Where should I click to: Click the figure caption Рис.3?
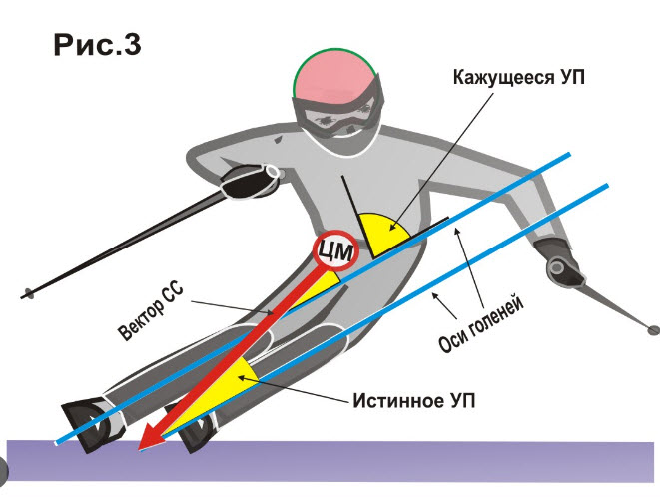pos(97,45)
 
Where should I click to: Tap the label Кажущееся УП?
pos(519,78)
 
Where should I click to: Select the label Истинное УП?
pos(414,401)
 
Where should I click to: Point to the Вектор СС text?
pos(150,310)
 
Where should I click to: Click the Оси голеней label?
pos(481,323)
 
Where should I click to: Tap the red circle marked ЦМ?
pos(335,251)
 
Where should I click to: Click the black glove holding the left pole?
pos(250,182)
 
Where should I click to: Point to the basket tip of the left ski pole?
pos(28,293)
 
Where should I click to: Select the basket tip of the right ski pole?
pos(653,330)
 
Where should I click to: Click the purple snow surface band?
pos(330,461)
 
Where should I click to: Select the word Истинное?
pos(399,401)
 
